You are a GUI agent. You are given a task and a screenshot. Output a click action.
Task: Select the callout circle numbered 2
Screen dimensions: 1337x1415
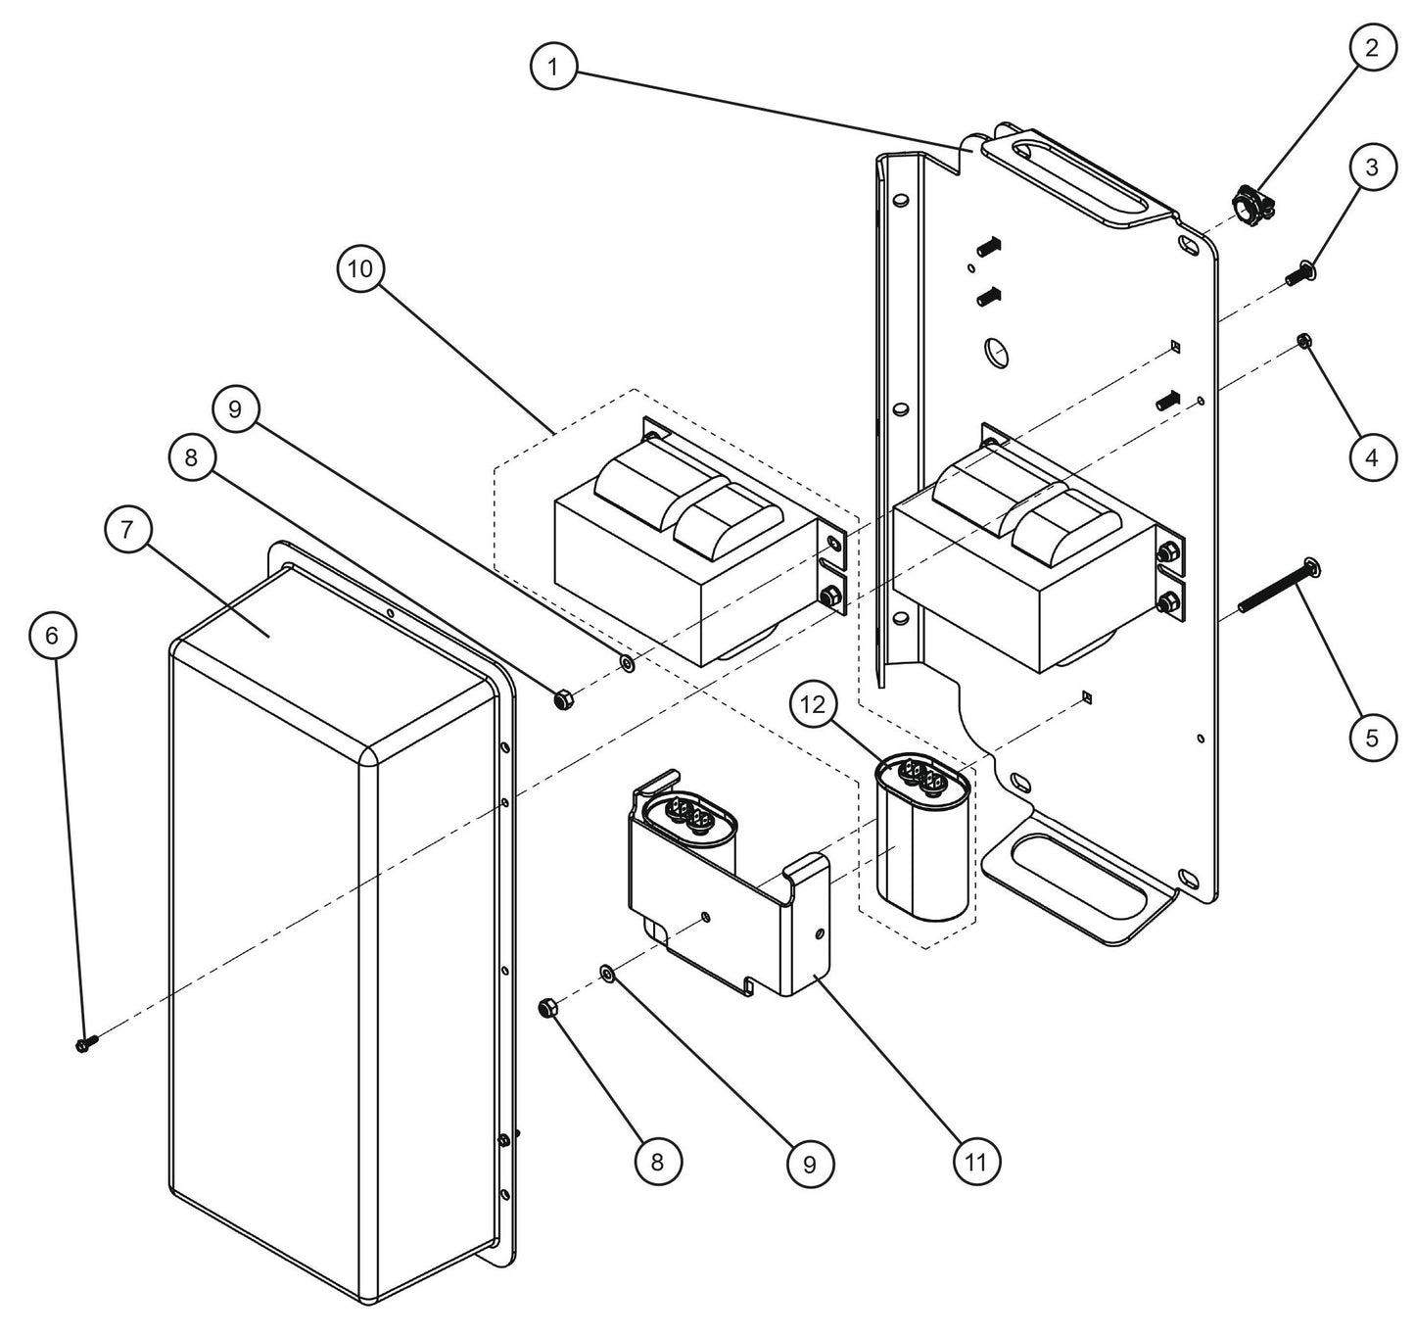[1371, 48]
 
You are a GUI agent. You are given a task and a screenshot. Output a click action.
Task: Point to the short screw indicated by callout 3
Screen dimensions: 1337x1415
[1300, 273]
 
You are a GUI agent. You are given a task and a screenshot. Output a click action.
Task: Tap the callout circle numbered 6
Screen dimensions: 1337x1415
[52, 636]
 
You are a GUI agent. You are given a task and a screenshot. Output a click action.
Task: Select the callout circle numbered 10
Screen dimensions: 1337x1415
[361, 269]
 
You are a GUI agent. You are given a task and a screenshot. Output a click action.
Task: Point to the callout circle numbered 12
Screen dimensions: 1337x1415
[818, 704]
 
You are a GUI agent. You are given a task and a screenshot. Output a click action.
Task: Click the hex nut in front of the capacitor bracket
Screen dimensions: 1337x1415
[549, 1008]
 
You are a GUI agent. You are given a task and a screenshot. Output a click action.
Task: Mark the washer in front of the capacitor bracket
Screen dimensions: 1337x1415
[606, 972]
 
